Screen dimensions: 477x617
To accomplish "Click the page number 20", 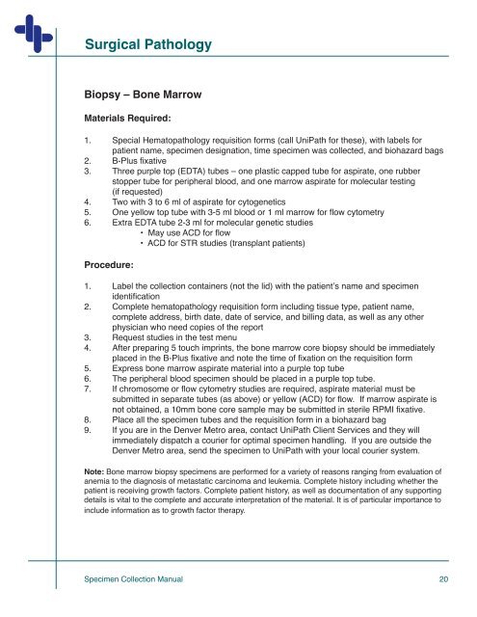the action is [x=443, y=579].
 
